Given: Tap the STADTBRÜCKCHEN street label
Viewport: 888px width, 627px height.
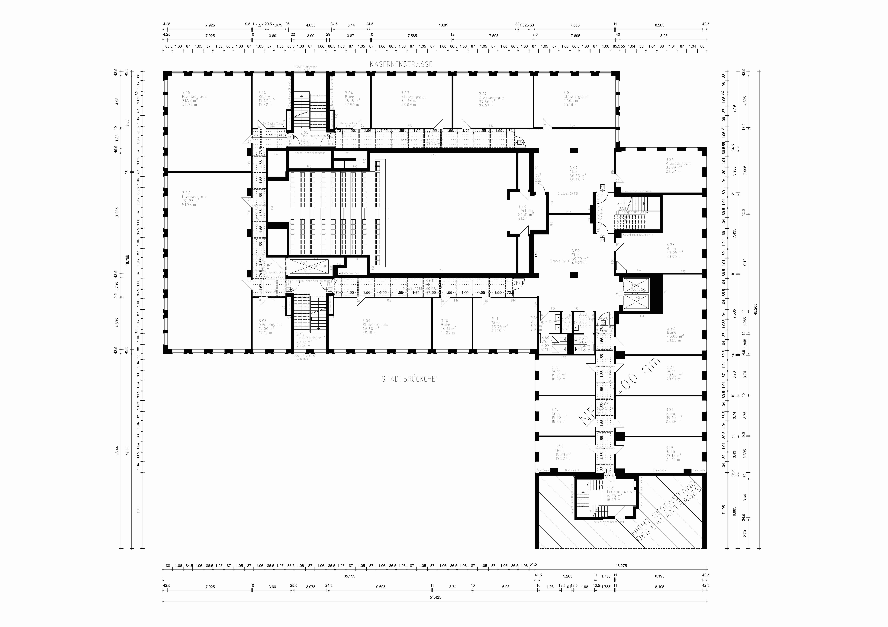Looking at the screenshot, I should coord(410,379).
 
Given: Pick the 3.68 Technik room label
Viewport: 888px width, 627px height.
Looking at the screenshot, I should coord(526,212).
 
